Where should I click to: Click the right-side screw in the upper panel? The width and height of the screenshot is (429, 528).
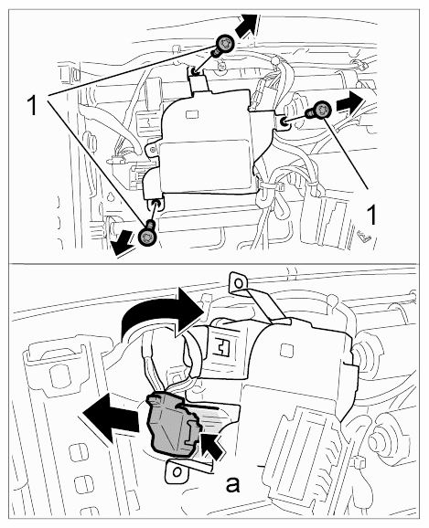pos(318,111)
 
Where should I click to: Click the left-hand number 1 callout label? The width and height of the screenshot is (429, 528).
pos(32,105)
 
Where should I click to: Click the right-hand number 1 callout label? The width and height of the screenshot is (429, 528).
pos(371,215)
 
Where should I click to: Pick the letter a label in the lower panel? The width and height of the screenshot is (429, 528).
pos(232,485)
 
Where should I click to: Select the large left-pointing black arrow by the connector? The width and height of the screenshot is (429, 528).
pos(111,417)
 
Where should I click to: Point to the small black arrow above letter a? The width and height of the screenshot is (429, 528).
pos(213,445)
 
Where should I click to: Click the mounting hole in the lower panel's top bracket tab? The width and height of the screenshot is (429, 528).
pos(239,282)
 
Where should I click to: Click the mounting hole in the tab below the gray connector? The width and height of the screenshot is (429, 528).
pos(176,471)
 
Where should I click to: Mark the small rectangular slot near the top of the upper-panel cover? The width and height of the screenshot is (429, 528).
pos(193,115)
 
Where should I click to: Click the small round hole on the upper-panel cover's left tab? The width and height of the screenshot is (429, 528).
pos(154,150)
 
